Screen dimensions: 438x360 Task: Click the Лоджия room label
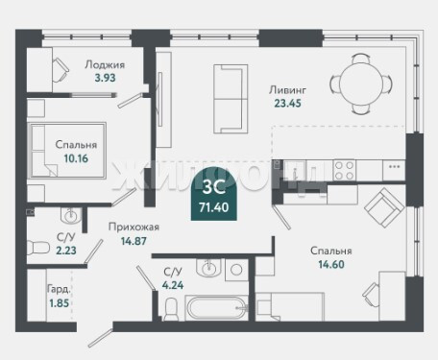pos(105,65)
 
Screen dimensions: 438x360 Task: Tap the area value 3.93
pos(105,78)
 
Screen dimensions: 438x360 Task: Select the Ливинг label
pos(287,90)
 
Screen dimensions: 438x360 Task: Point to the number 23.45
pos(287,104)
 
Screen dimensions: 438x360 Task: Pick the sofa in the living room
pos(231,99)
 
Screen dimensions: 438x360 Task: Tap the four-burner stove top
pos(344,170)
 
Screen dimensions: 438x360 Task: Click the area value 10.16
pos(76,158)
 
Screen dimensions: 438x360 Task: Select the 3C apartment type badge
pos(214,194)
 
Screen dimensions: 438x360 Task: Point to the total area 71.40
pos(214,207)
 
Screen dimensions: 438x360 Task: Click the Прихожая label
pos(134,227)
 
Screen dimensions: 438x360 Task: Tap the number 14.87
pos(134,241)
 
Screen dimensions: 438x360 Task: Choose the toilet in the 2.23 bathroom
pos(37,248)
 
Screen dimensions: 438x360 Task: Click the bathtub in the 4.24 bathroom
pos(216,308)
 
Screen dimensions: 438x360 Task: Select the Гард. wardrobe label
pos(59,289)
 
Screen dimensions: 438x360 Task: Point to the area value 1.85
pos(60,302)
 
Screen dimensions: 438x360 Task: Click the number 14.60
pos(331,264)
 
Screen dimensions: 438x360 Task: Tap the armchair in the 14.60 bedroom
pos(383,207)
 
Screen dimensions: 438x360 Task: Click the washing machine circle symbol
pos(236,270)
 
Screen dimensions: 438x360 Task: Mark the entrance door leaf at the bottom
pos(101,338)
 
